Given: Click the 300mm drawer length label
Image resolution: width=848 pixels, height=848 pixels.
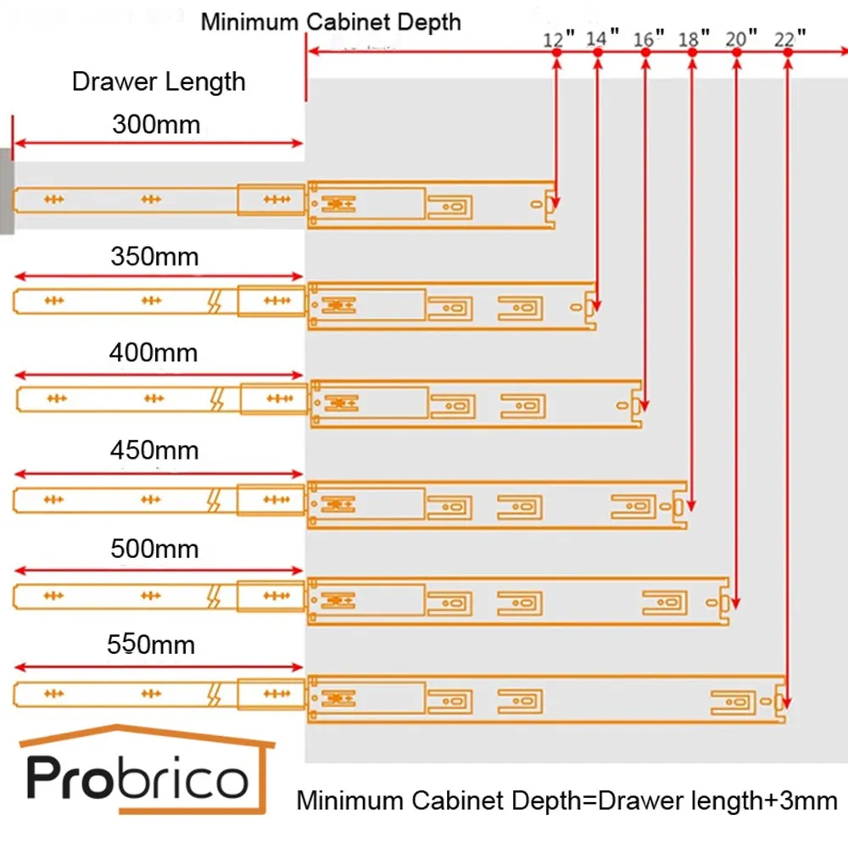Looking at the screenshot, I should click(156, 125).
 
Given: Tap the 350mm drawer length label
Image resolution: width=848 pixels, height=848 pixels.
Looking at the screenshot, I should click(154, 256).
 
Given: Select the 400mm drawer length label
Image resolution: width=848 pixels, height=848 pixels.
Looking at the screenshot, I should click(153, 352).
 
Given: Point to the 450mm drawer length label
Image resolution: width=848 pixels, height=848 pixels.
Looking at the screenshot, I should click(154, 450).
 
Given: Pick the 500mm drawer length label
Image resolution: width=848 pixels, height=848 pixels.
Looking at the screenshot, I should click(154, 549).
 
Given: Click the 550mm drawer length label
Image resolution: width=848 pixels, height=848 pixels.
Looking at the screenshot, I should click(151, 645).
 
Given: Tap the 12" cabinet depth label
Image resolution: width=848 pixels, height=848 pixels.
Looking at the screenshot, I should click(560, 38).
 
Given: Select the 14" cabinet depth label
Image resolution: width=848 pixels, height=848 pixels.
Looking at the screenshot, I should click(603, 38).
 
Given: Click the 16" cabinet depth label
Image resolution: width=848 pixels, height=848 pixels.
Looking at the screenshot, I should click(650, 38).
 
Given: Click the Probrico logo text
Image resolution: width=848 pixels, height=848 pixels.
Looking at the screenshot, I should click(138, 779).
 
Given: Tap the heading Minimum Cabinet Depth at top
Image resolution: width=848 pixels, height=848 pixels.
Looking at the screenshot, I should click(331, 21).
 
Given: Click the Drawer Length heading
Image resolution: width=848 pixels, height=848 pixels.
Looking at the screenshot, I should click(159, 82).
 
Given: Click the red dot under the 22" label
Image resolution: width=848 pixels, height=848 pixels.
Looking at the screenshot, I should click(788, 53).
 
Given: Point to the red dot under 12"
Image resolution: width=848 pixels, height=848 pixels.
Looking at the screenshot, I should click(556, 53).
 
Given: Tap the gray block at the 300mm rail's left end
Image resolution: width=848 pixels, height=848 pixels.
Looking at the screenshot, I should click(6, 191).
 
